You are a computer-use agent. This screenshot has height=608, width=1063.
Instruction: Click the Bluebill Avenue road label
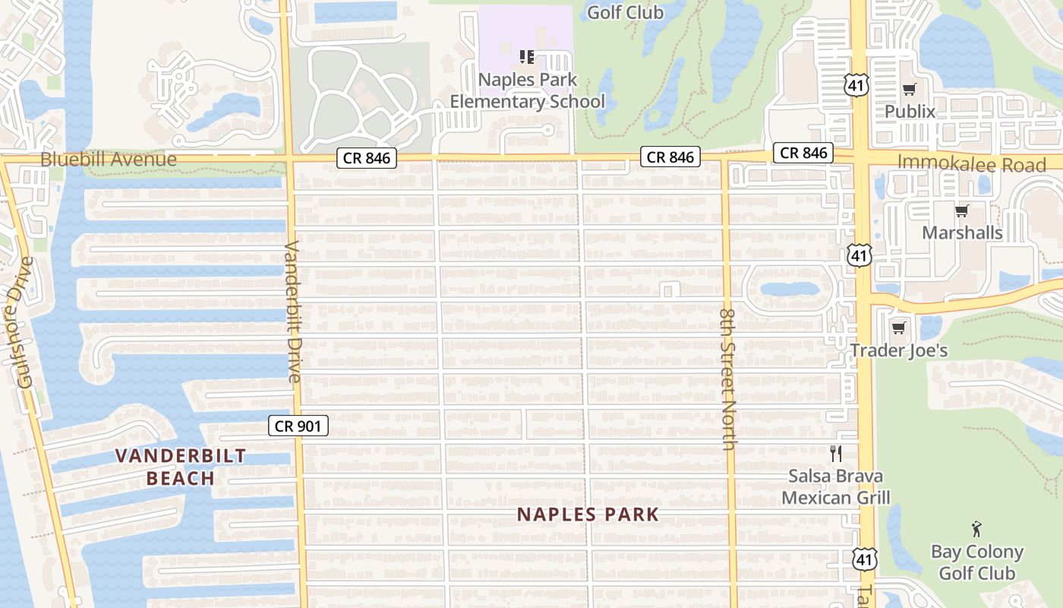pyautogui.click(x=109, y=160)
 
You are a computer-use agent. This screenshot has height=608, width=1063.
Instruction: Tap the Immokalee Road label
pyautogui.click(x=971, y=163)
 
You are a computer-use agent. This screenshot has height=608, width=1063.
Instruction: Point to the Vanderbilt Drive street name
pyautogui.click(x=293, y=311)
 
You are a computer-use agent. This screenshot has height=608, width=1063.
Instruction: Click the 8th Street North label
pyautogui.click(x=727, y=378)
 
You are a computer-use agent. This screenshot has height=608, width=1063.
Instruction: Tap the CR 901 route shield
pyautogui.click(x=298, y=426)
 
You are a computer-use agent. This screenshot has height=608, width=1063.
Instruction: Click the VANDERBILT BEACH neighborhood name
pyautogui.click(x=181, y=467)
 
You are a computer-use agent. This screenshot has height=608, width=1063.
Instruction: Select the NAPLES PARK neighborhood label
pyautogui.click(x=588, y=515)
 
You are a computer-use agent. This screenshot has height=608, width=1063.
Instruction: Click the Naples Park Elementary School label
pyautogui.click(x=528, y=90)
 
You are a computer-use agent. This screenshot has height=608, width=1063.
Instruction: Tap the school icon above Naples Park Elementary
pyautogui.click(x=527, y=56)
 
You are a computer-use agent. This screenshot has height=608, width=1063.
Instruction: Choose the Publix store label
pyautogui.click(x=910, y=112)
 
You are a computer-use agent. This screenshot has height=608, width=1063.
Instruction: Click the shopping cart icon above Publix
pyautogui.click(x=909, y=90)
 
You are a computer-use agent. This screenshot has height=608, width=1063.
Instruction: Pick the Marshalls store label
pyautogui.click(x=962, y=233)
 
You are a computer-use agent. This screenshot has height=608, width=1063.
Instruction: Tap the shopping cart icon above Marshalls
pyautogui.click(x=962, y=211)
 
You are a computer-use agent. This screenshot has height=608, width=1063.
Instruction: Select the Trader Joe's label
pyautogui.click(x=899, y=350)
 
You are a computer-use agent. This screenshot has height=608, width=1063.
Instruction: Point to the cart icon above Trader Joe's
pyautogui.click(x=898, y=328)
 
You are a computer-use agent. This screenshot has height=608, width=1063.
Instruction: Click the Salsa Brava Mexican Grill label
pyautogui.click(x=835, y=487)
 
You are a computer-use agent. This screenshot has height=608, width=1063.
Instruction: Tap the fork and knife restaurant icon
pyautogui.click(x=836, y=454)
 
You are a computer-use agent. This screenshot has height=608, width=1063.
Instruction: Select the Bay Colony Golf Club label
pyautogui.click(x=977, y=562)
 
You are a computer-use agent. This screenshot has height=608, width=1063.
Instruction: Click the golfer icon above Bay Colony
pyautogui.click(x=976, y=529)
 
